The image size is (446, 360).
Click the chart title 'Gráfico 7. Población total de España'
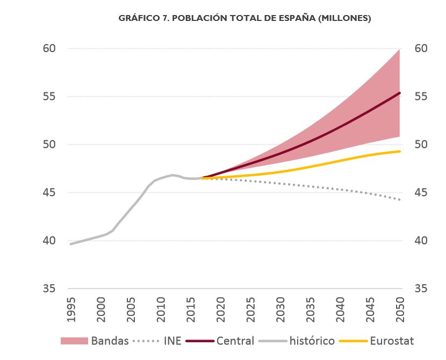(x=244, y=18)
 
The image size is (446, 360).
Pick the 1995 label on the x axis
(x=72, y=309)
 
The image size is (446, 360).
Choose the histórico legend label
(x=312, y=341)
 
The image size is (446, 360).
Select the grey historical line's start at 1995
(x=70, y=244)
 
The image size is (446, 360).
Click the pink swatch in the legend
(x=74, y=341)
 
